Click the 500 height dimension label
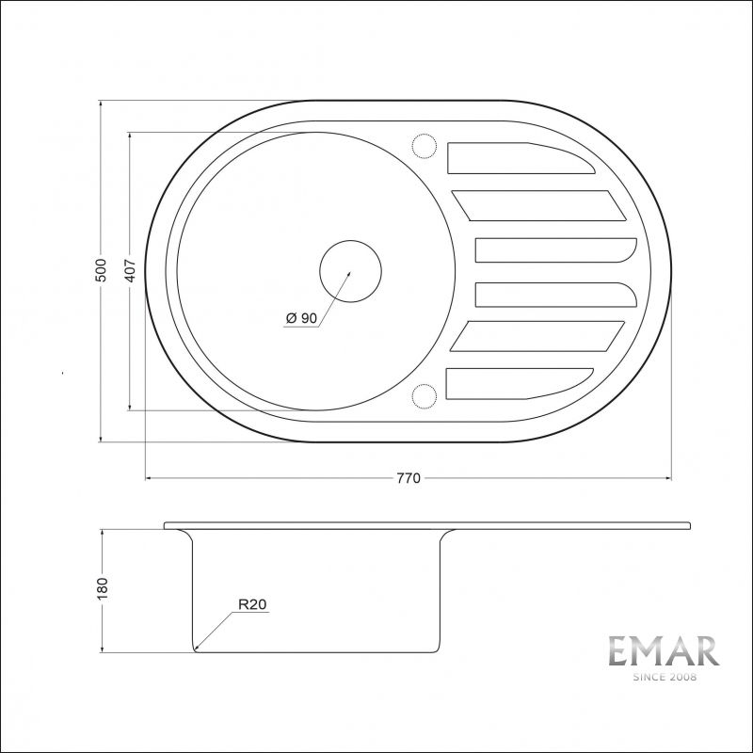(x=101, y=269)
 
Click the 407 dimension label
(x=130, y=271)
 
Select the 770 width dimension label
(x=407, y=478)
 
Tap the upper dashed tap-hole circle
(x=424, y=147)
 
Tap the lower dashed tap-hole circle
(x=424, y=396)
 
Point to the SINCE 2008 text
(x=663, y=677)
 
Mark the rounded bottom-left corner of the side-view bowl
(x=196, y=648)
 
